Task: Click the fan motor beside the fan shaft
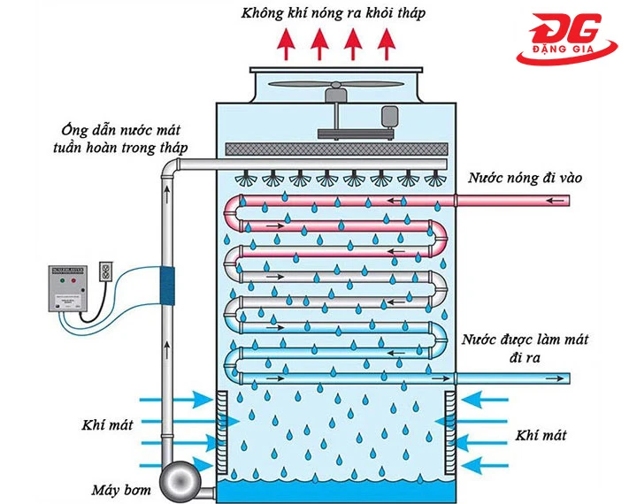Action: coord(388,117)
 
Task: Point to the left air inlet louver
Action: coord(222,433)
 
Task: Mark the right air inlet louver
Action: coord(449,433)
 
